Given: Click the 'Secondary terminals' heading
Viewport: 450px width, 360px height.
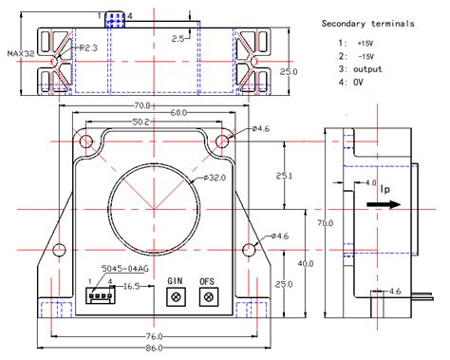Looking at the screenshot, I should (367, 23).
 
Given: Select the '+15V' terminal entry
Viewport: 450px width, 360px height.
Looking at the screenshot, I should (365, 43).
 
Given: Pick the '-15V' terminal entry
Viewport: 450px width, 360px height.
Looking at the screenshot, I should (365, 56).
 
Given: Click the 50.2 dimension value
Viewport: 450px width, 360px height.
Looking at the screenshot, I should (141, 123).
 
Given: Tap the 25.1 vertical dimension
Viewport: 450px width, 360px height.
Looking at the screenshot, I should (285, 176).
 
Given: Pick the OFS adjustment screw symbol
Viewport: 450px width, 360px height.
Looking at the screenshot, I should (207, 296).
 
